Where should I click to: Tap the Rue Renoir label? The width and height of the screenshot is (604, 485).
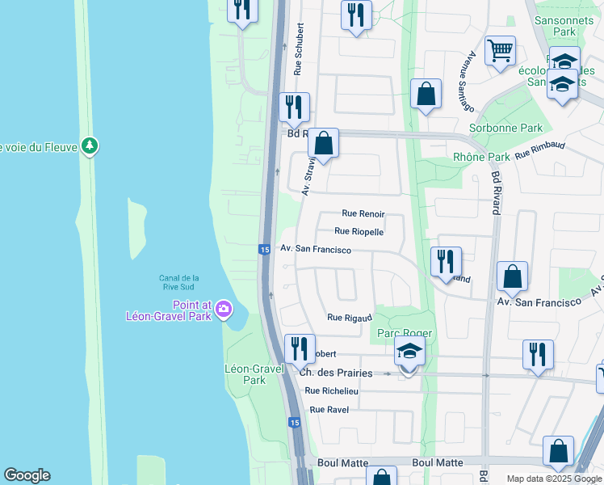[363, 214]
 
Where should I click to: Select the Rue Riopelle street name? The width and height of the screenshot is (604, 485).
[359, 231]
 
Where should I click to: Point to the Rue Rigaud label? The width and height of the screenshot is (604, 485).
[349, 318]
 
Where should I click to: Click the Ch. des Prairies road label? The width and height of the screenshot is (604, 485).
[336, 373]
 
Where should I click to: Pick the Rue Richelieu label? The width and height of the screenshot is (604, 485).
[331, 390]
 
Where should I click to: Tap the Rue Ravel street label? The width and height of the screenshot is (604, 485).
[329, 410]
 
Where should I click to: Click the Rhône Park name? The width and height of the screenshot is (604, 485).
[482, 157]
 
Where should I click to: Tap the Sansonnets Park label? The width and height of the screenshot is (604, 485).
[558, 24]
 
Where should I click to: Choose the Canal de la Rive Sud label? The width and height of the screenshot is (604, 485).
[178, 283]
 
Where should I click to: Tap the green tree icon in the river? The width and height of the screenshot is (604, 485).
[92, 146]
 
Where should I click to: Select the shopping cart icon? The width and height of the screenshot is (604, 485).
[501, 50]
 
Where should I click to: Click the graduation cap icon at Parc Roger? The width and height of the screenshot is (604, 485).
[409, 352]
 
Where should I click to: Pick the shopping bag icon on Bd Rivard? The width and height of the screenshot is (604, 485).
[512, 277]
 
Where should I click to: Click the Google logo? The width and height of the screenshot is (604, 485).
[27, 475]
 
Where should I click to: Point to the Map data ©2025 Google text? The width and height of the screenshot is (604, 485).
[554, 479]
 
